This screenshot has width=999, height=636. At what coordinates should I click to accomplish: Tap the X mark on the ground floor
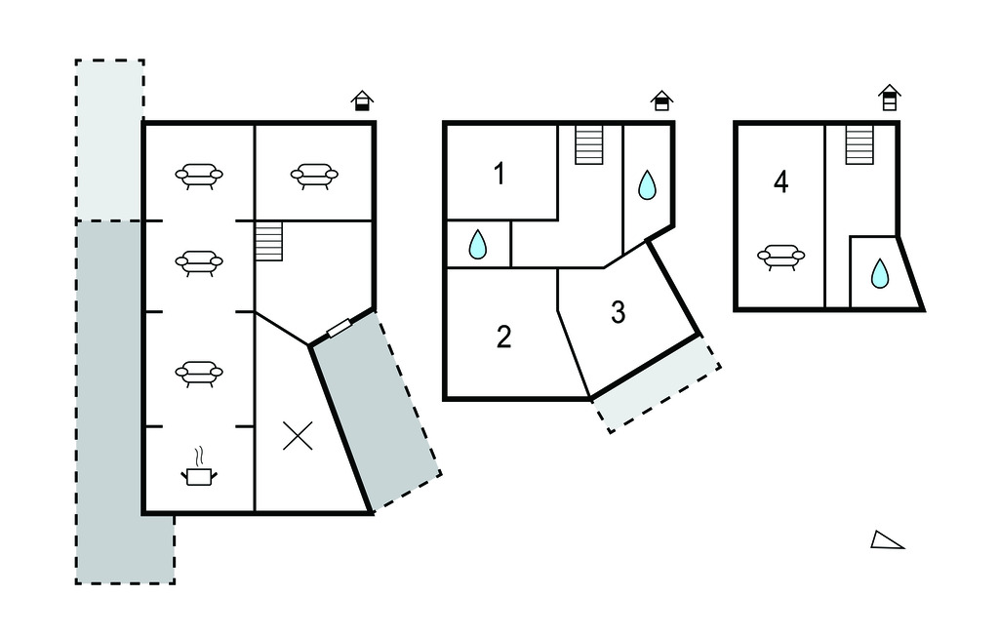point(298,435)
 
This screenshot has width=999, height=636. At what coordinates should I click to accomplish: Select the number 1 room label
point(499,176)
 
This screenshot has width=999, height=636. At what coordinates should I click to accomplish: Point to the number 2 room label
point(503,338)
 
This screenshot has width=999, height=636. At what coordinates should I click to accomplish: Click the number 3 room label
point(618,313)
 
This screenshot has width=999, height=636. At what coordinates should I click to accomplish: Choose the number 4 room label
point(780,182)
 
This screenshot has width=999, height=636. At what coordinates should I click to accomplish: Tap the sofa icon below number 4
point(781,257)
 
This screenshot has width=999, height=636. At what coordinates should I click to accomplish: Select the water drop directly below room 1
point(476,245)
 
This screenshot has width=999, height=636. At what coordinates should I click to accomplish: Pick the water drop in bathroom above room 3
point(647,185)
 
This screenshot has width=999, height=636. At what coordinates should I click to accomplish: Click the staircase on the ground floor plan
point(268,241)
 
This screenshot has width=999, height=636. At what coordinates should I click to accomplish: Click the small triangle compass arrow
point(887,540)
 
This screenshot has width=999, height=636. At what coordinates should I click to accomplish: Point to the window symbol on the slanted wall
point(340,329)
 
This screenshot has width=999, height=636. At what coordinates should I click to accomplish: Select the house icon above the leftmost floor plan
point(362,100)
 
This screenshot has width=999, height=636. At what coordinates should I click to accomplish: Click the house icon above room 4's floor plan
point(889,98)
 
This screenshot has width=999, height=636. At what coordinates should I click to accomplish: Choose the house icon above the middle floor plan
point(661,100)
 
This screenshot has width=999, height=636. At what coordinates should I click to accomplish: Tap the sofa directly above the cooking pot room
point(199,373)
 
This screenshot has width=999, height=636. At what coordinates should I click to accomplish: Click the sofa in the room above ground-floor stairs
point(314,176)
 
